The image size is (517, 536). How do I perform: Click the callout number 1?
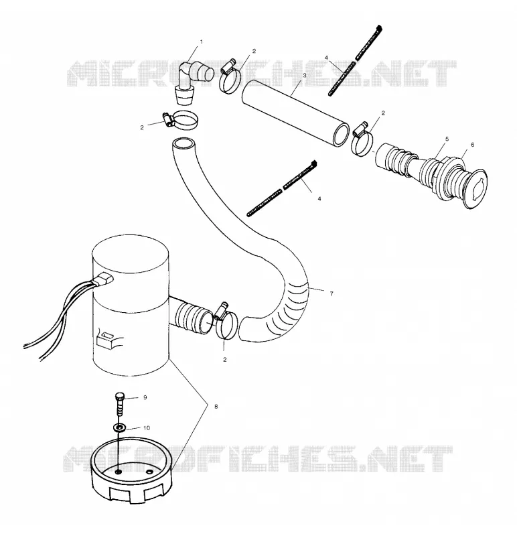click(x=202, y=42)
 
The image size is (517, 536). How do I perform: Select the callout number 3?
click(x=305, y=75)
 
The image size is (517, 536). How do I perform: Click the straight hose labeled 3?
click(x=295, y=113)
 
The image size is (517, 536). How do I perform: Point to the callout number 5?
click(x=447, y=139)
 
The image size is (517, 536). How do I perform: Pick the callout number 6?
click(x=473, y=145)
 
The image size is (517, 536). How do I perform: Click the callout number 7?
click(x=331, y=293)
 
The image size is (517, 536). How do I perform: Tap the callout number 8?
click(x=216, y=407)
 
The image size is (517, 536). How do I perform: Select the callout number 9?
click(x=145, y=397)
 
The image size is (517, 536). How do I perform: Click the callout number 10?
click(x=146, y=428)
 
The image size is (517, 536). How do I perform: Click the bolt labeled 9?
click(x=119, y=403)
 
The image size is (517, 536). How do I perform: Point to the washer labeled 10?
click(x=119, y=427)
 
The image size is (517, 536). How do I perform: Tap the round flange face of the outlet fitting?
click(x=475, y=188)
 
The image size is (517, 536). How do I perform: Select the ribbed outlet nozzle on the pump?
click(x=192, y=316)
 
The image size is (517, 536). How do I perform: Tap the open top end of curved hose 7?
click(x=183, y=143)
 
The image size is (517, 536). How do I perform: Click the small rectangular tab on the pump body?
click(x=106, y=340)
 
